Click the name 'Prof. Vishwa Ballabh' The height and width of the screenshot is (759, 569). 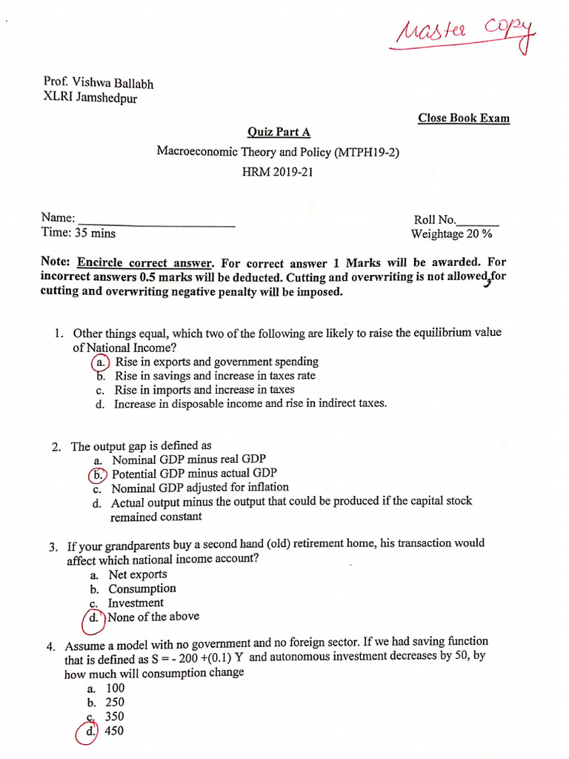(x=99, y=84)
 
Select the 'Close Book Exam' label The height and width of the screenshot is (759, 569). (x=464, y=118)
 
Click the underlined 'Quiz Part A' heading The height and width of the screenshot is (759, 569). (x=279, y=132)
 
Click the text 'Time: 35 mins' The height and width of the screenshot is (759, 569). (x=79, y=233)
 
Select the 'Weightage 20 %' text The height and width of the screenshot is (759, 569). (x=452, y=234)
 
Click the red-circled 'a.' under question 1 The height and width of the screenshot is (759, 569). (x=100, y=362)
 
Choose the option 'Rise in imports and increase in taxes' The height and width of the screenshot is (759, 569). (x=204, y=389)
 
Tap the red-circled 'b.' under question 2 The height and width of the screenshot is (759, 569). (x=97, y=474)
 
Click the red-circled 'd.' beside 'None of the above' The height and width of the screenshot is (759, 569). (x=94, y=618)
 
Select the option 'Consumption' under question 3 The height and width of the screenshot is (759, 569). (x=142, y=589)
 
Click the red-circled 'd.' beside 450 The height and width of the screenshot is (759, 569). (x=89, y=732)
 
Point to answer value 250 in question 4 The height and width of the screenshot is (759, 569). (x=115, y=702)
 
